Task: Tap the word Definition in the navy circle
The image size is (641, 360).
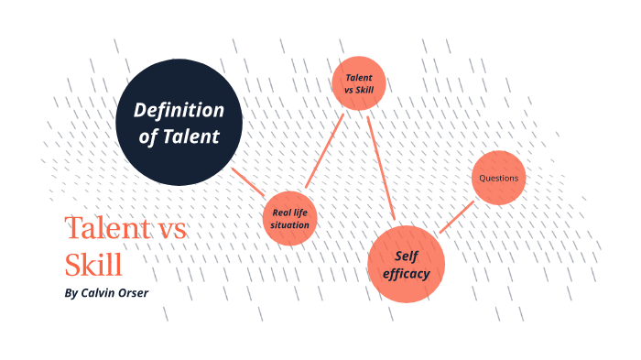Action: point(179,111)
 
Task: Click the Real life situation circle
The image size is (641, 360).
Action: point(290,218)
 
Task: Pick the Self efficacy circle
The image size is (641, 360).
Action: point(406,263)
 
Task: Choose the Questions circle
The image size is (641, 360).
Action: point(500,178)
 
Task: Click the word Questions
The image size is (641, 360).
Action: point(500,178)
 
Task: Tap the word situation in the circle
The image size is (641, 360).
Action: point(290,224)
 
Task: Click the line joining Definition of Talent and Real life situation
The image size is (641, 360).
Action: point(248,182)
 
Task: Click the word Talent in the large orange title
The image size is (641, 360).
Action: point(102,229)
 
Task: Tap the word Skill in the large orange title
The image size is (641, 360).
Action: point(92,265)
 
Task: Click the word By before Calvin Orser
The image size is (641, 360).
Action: point(72,294)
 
